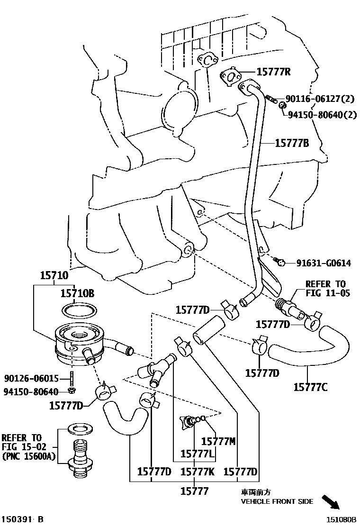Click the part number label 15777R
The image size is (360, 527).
tap(273, 72)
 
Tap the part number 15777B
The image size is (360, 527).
tap(292, 143)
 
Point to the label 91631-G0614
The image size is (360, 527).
tap(324, 263)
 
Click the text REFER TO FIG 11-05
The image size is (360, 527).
tap(327, 289)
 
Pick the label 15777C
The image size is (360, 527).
tap(310, 387)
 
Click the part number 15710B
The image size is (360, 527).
tap(77, 294)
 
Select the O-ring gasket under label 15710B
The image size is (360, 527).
tap(80, 310)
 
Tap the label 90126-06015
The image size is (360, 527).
tap(31, 379)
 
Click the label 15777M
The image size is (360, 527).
tap(218, 441)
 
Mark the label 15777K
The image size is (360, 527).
tap(198, 472)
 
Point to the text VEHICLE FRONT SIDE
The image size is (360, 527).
tap(277, 501)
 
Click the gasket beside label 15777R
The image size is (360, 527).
tap(230, 76)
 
